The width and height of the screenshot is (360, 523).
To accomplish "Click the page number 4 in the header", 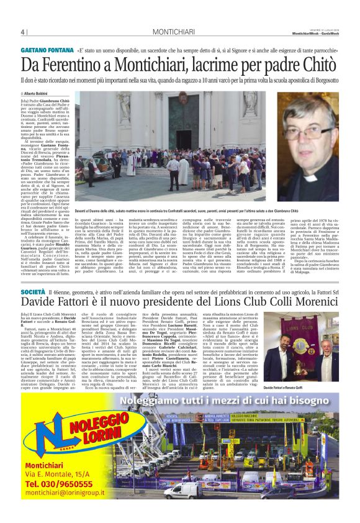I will (x=23, y=32).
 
